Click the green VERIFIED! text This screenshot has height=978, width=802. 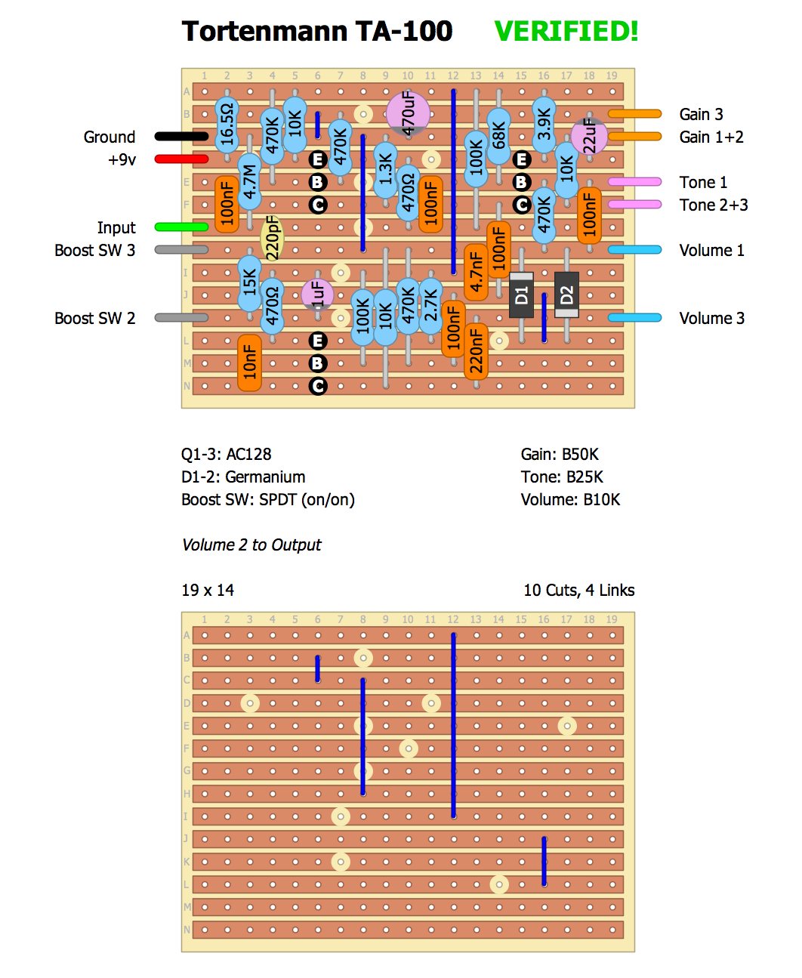[566, 31]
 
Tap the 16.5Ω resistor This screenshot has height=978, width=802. [227, 125]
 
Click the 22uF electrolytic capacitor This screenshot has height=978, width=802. [589, 137]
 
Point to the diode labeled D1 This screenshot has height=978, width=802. [521, 295]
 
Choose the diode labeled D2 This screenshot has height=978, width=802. [566, 295]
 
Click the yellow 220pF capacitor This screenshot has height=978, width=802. [272, 238]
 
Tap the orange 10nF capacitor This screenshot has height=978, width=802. [249, 363]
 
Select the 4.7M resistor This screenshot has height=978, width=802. [249, 181]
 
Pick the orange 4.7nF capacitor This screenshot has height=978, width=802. [476, 272]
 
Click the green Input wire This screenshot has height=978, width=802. [181, 227]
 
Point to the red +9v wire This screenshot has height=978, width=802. [181, 159]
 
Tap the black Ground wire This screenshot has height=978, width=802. [181, 137]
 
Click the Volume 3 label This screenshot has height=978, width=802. [711, 318]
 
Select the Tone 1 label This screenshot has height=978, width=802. [703, 182]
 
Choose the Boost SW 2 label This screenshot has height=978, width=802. [95, 318]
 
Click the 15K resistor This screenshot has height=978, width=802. [249, 283]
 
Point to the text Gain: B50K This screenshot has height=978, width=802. [560, 454]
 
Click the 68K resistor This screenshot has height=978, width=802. [498, 136]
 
